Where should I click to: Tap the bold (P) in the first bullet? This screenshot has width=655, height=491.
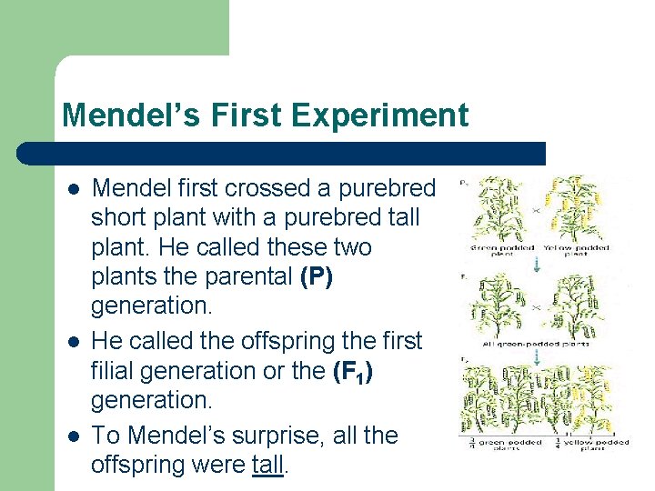click(316, 276)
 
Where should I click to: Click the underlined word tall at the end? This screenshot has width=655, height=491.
click(268, 465)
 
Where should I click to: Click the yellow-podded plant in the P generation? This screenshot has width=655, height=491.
click(569, 209)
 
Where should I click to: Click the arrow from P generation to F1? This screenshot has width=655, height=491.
click(537, 265)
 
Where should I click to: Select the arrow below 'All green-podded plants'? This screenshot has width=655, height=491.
click(537, 358)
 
